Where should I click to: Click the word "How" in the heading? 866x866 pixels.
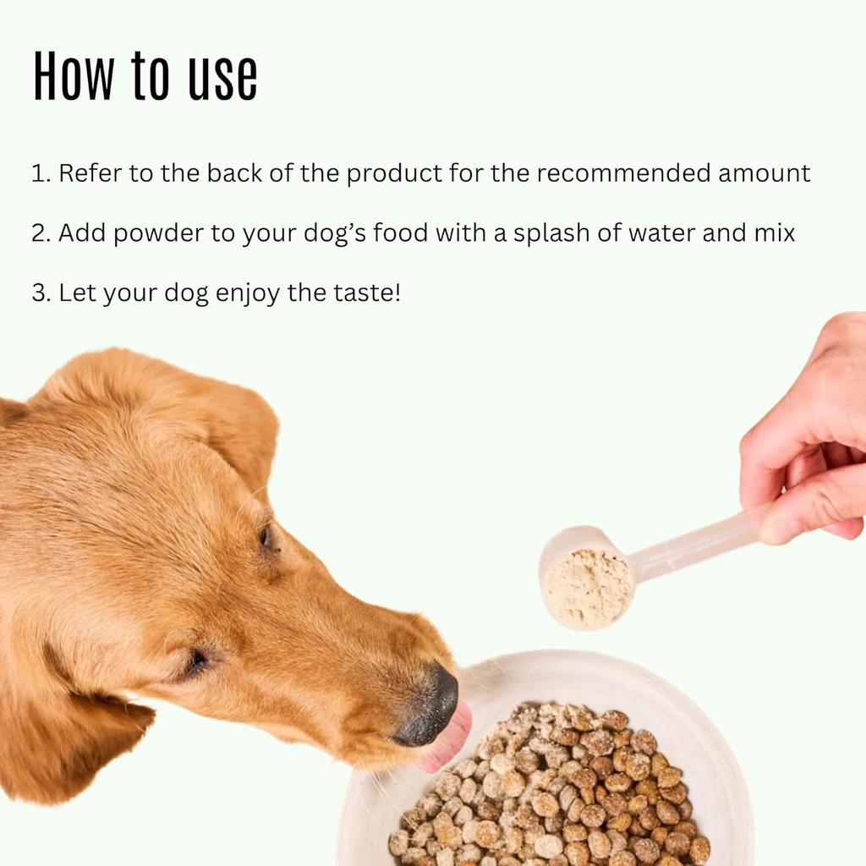pos(72,77)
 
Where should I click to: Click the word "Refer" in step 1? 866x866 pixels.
pos(90,173)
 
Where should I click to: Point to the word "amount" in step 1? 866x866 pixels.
pos(765,173)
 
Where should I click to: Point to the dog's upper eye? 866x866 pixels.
pos(266,537)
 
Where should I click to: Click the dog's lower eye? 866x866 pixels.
pos(198,662)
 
